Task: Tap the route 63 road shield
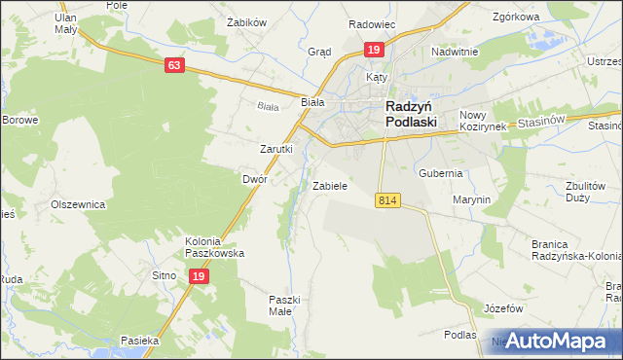[x=174, y=65]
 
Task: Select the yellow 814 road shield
[x=386, y=198]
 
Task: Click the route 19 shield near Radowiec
[x=373, y=50]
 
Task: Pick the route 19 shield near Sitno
[x=198, y=276]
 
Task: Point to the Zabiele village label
[x=329, y=185]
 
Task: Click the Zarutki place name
[x=275, y=149]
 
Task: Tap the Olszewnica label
[x=78, y=205]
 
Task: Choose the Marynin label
[x=471, y=198]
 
